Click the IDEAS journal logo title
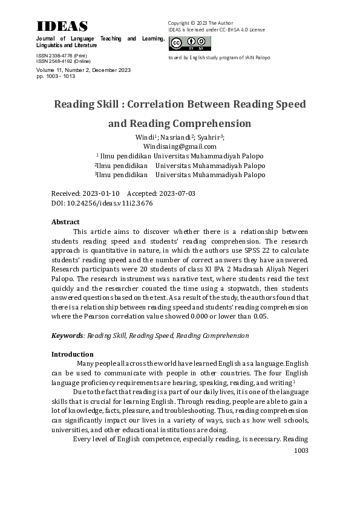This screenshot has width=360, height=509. click(62, 26)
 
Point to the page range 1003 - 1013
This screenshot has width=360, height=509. click(53, 77)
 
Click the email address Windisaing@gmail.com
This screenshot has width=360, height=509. click(180, 146)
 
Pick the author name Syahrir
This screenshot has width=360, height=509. click(211, 137)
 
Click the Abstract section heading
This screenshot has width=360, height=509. click(65, 222)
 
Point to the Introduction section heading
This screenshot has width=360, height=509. click(72, 354)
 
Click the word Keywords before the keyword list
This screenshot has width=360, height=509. click(67, 336)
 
